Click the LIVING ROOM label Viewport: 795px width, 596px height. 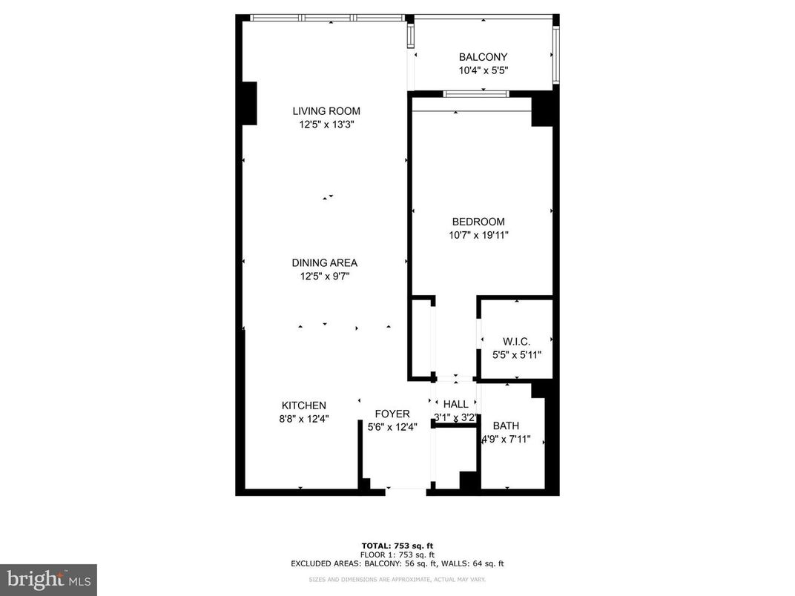tap(326, 111)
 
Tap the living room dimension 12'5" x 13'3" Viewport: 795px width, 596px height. tap(326, 125)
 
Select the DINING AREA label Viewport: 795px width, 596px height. tap(324, 262)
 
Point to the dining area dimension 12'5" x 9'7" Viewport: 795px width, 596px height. tap(324, 277)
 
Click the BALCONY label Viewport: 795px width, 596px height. tap(483, 57)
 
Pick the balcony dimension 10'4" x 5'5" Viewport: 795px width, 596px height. tap(483, 70)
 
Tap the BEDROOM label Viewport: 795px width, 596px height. tap(478, 222)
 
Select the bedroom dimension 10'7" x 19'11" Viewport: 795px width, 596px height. tap(478, 235)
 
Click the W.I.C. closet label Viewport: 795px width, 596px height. tap(516, 341)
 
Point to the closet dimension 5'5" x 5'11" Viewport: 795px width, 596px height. tap(517, 354)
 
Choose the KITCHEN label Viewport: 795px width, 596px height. tap(303, 405)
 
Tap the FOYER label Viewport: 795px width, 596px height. tap(392, 414)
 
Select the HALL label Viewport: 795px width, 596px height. tap(456, 404)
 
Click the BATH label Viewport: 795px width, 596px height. tap(506, 426)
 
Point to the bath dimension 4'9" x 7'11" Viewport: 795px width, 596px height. tap(506, 439)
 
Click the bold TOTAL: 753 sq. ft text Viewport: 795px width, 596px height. tap(397, 546)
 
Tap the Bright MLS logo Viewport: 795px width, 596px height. tap(48, 579)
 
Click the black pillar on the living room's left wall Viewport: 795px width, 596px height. tap(248, 103)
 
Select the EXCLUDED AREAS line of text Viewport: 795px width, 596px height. tap(397, 563)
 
